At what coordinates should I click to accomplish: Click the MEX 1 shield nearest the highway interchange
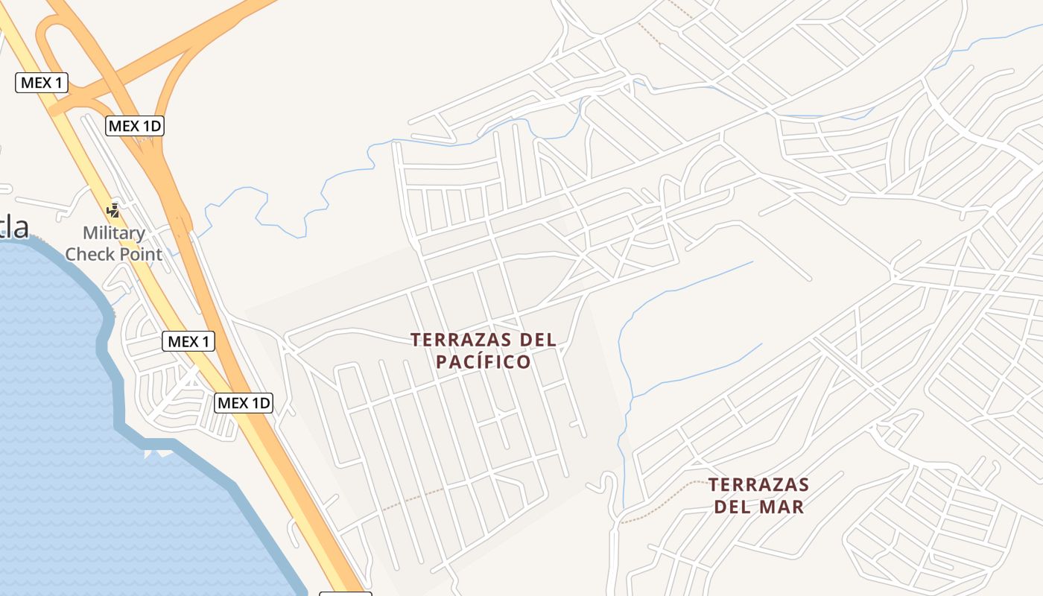tap(42, 83)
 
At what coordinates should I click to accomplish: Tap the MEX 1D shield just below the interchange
tap(135, 126)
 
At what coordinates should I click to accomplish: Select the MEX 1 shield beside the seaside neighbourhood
tap(188, 342)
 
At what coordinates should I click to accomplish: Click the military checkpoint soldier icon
tap(113, 211)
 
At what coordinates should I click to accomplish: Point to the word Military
tap(113, 233)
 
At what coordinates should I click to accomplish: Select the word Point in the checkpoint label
tap(139, 254)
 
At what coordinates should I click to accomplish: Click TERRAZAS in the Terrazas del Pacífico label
tap(453, 340)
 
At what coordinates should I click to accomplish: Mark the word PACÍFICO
tap(484, 362)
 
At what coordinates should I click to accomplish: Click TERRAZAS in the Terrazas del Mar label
tap(758, 485)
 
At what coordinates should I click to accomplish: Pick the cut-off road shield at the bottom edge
tap(345, 594)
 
